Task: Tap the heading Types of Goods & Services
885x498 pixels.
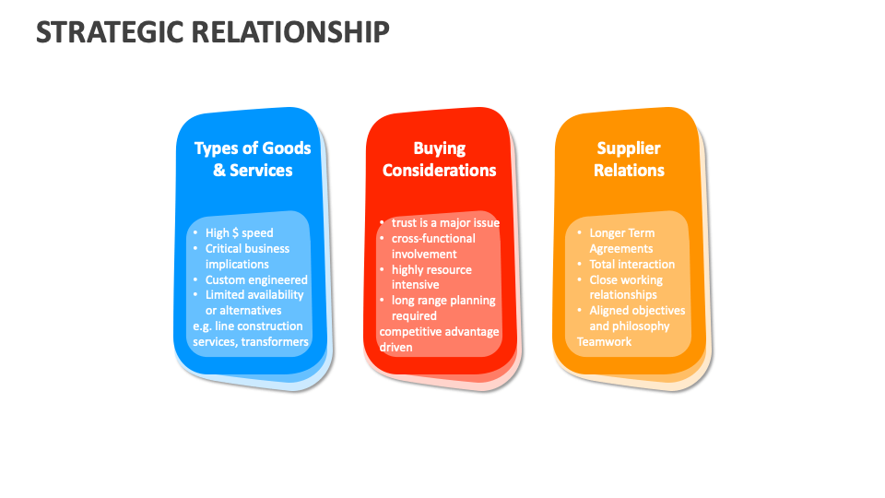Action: (x=253, y=159)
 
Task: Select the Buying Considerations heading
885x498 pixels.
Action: (x=439, y=159)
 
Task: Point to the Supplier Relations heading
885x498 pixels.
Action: (x=629, y=159)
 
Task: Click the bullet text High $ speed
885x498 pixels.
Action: (x=239, y=232)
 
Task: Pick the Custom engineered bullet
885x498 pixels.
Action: (x=256, y=279)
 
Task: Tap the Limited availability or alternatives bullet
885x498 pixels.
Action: (x=254, y=302)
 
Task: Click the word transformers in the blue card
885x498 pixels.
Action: (x=274, y=341)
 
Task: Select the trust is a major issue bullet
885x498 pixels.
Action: (x=445, y=222)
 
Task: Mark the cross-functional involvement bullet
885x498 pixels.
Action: (x=433, y=245)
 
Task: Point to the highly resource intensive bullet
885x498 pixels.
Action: (x=431, y=277)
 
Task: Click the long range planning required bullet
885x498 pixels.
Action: (x=443, y=308)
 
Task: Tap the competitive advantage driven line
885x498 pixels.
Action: (x=439, y=339)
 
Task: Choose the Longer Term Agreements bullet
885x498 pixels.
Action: (x=622, y=241)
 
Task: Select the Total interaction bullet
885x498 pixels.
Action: (x=631, y=264)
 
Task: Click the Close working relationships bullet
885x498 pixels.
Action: (x=626, y=287)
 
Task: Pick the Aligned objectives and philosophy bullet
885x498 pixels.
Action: (x=637, y=318)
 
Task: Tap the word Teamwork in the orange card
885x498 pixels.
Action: (x=604, y=341)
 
